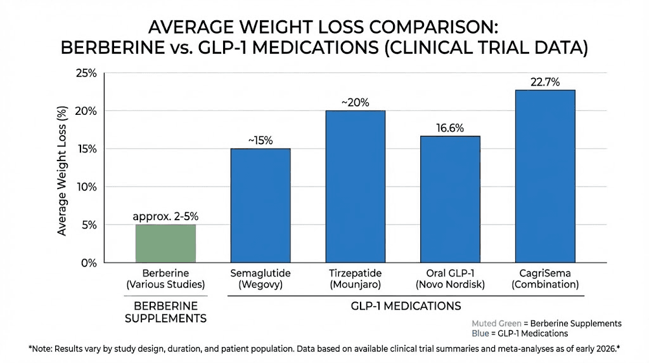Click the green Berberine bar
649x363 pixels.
(166, 244)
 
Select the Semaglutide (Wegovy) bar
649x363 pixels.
(260, 206)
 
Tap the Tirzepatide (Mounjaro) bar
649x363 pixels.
(355, 187)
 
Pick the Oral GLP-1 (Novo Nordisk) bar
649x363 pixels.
(450, 199)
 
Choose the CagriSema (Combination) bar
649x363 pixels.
(545, 176)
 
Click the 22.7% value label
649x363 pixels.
(545, 82)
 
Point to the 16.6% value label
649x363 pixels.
(450, 128)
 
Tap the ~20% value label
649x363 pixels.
(355, 102)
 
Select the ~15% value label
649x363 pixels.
(260, 140)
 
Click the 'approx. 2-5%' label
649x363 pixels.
(166, 216)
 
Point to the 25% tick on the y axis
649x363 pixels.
(86, 74)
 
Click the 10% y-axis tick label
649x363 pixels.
(86, 187)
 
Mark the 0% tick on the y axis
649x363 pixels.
(89, 263)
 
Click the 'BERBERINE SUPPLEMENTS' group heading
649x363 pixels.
(165, 312)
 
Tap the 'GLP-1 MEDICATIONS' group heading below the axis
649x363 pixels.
(406, 306)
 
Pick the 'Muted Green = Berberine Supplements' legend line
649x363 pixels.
(546, 323)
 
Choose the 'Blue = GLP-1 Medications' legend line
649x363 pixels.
(520, 333)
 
